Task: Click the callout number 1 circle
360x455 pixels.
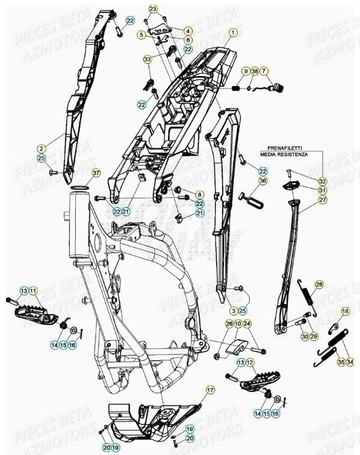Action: pos(233,31)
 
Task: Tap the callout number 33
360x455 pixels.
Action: pos(147,59)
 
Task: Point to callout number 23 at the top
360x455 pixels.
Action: pos(153,8)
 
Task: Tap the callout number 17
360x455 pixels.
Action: pos(210,391)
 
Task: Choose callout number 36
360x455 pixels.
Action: pos(262,180)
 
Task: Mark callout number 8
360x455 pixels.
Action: pos(200,195)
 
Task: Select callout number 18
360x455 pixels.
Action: pos(345,310)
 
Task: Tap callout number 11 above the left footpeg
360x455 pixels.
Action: pos(33,291)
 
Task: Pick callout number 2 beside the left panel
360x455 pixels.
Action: pos(42,148)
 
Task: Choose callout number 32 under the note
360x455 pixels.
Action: pos(323,181)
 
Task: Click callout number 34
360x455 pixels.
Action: pos(351,362)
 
